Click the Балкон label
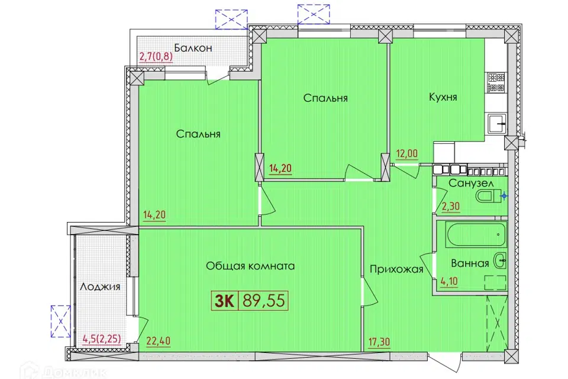click(193, 48)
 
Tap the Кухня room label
click(443, 97)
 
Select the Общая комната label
click(250, 266)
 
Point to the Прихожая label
click(396, 269)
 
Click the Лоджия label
click(99, 287)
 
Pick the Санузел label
click(471, 183)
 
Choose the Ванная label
click(470, 264)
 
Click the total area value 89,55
click(264, 301)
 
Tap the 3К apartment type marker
click(225, 301)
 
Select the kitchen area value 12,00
click(407, 153)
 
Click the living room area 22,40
click(159, 341)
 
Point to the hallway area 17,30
click(379, 342)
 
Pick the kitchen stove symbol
click(496, 82)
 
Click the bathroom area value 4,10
click(449, 281)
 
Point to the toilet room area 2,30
click(451, 206)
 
